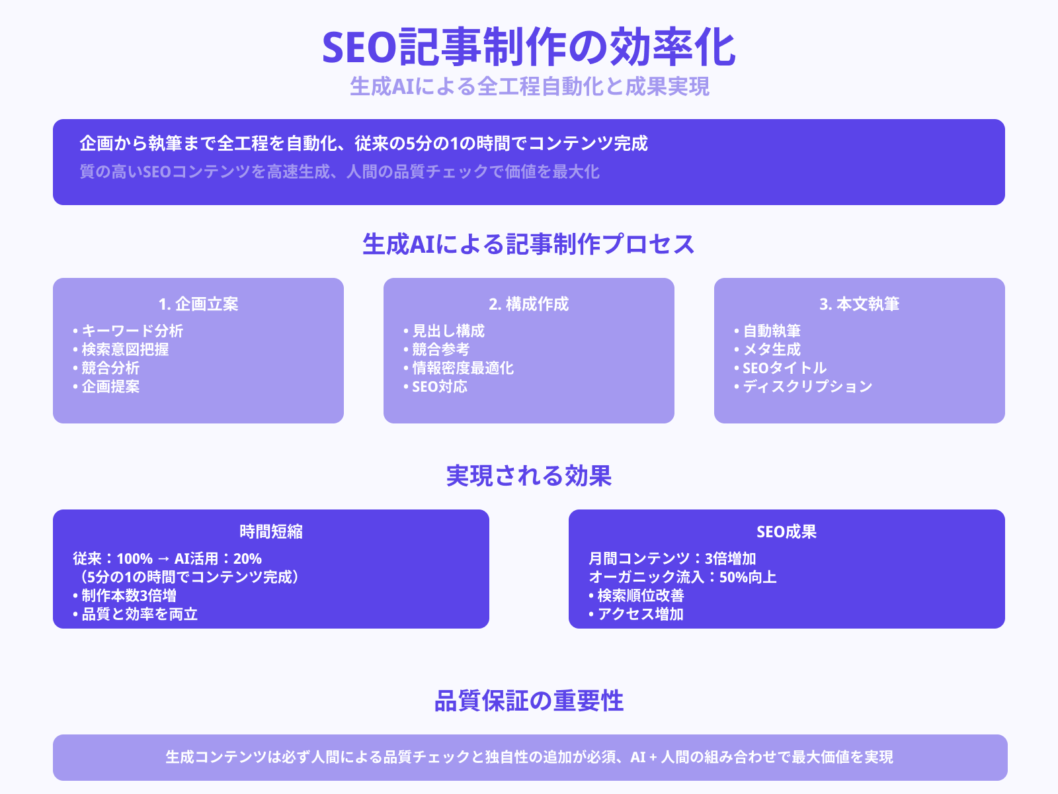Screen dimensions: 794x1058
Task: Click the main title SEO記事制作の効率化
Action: pyautogui.click(x=529, y=48)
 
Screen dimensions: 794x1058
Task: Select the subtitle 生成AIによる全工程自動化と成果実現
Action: pyautogui.click(x=529, y=87)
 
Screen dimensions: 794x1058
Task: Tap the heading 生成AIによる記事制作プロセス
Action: pyautogui.click(x=529, y=244)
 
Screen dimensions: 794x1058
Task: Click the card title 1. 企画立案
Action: pyautogui.click(x=198, y=304)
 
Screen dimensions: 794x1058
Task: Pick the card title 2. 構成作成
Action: pyautogui.click(x=529, y=304)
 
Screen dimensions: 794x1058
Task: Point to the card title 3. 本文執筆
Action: pyautogui.click(x=860, y=304)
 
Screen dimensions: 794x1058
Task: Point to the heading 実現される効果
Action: pyautogui.click(x=529, y=476)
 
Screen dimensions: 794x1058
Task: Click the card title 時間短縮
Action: pyautogui.click(x=271, y=532)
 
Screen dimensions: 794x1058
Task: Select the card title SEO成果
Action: pyautogui.click(x=787, y=532)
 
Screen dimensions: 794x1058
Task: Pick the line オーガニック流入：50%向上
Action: pyautogui.click(x=682, y=577)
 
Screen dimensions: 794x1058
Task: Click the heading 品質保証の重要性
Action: pyautogui.click(x=529, y=701)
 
